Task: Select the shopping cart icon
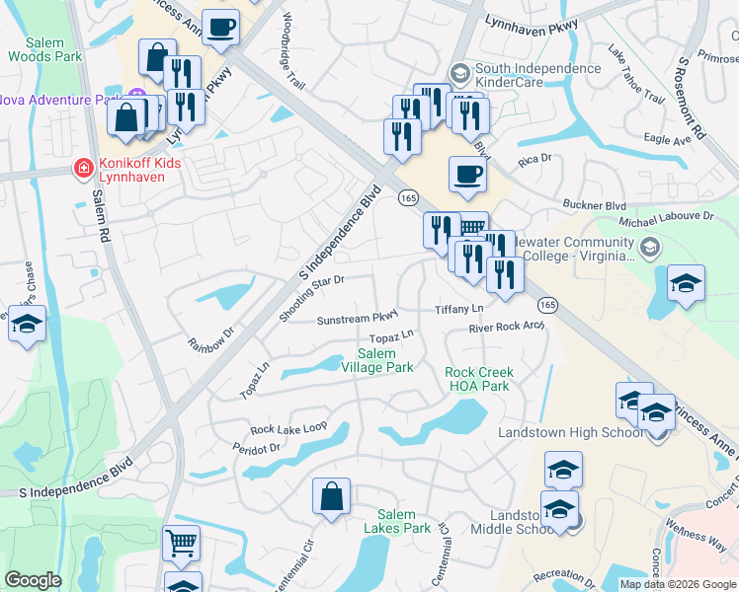[x=181, y=542]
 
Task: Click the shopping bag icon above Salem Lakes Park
[x=332, y=495]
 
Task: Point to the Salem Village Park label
[x=376, y=360]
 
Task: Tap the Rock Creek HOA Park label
[x=479, y=379]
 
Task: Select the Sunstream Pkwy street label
[x=357, y=319]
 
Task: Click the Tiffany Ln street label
[x=457, y=310]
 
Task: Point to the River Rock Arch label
[x=506, y=327]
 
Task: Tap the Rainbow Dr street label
[x=209, y=338]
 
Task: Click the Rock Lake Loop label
[x=287, y=428]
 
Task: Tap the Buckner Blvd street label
[x=602, y=204]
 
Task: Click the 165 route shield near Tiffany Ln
[x=548, y=305]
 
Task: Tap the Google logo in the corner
[x=33, y=580]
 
